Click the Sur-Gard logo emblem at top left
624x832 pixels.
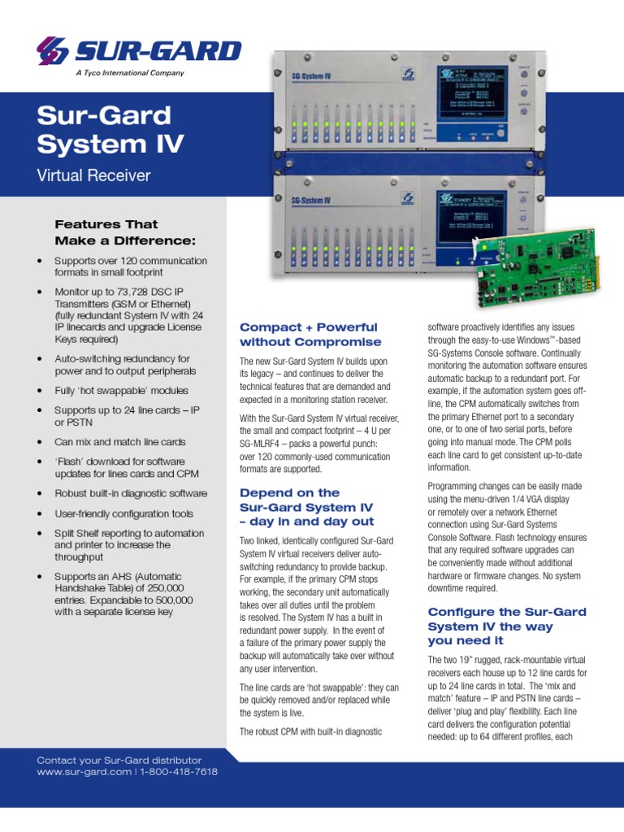click(54, 50)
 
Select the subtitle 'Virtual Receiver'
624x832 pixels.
click(93, 175)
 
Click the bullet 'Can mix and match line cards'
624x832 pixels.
click(119, 442)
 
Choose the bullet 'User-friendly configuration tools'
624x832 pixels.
click(123, 513)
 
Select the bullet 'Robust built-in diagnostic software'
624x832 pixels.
click(130, 493)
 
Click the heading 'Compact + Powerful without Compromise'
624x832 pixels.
click(309, 334)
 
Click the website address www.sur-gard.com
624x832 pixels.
click(84, 772)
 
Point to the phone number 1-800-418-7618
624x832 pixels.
click(179, 772)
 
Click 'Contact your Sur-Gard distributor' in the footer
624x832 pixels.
click(119, 760)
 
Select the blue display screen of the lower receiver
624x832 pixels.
click(473, 215)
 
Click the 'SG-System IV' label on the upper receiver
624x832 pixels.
click(310, 77)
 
